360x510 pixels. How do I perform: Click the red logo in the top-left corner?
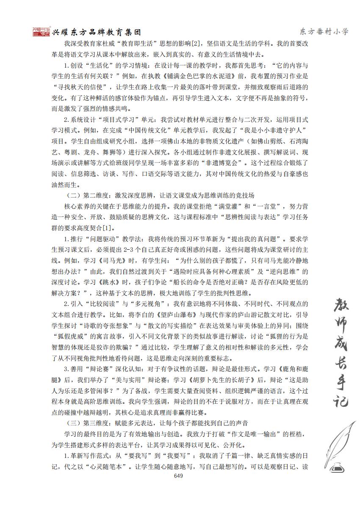42,32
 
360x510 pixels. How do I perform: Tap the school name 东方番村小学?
324,31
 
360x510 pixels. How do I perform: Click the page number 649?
178,476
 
